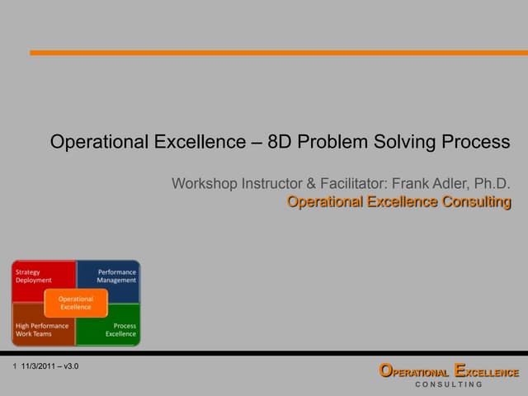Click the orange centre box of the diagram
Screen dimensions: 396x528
pyautogui.click(x=76, y=303)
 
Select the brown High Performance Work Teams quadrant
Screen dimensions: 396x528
pyautogui.click(x=33, y=330)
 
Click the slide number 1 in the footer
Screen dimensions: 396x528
pyautogui.click(x=15, y=365)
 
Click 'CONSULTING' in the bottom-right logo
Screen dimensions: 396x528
pyautogui.click(x=449, y=385)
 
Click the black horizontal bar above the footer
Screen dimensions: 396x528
pyautogui.click(x=264, y=353)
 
